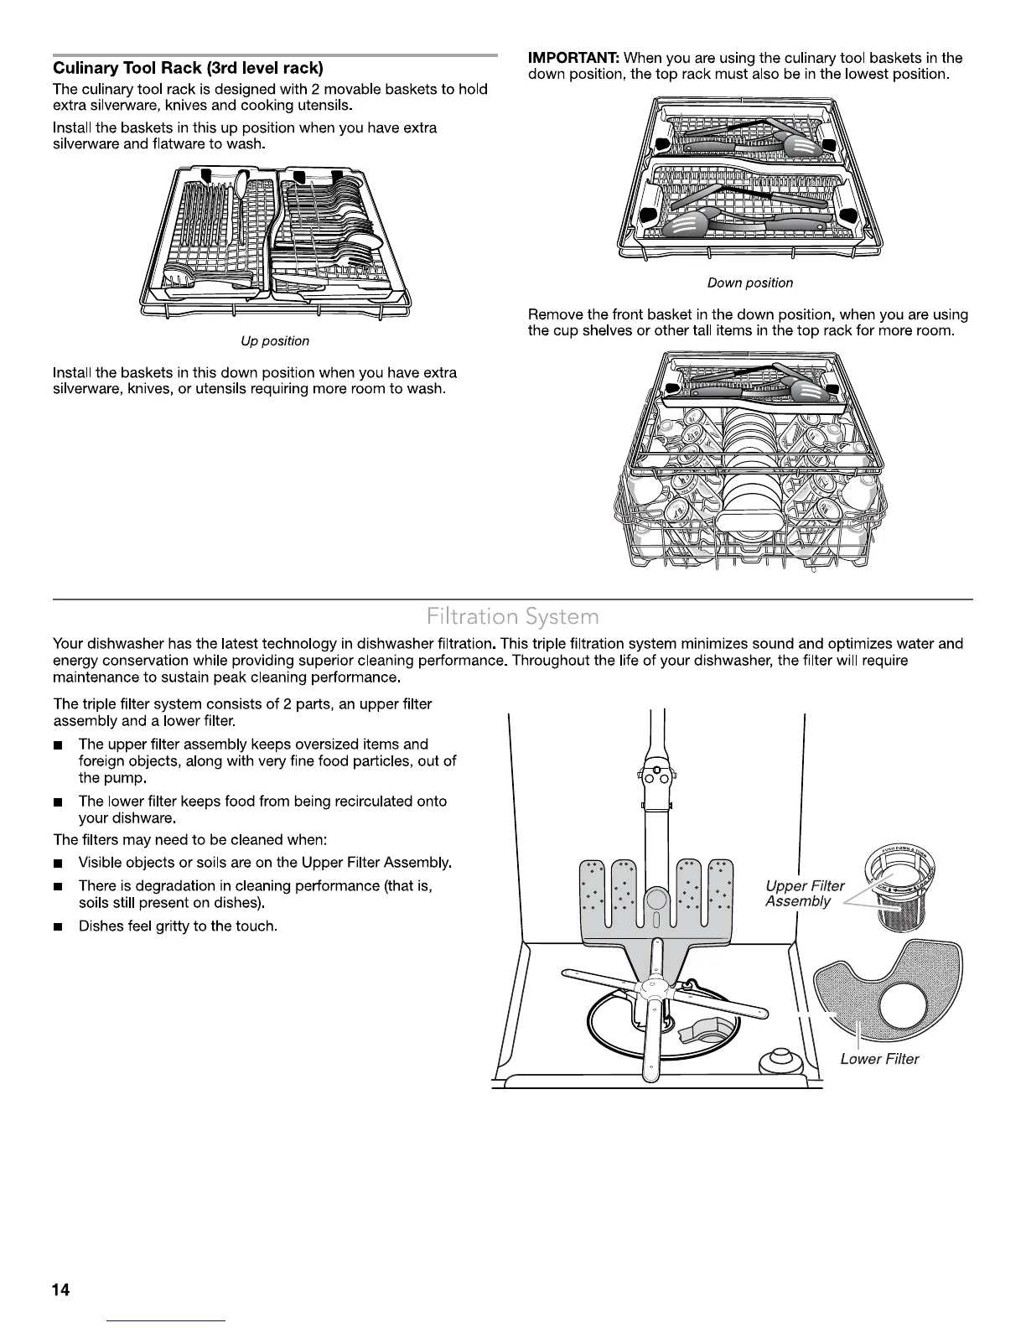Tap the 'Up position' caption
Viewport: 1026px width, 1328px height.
point(275,341)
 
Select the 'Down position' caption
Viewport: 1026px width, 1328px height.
point(749,283)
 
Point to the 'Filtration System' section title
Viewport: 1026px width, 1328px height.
point(512,618)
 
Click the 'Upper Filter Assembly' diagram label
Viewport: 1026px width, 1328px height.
point(804,894)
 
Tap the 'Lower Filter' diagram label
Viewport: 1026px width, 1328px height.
point(879,1059)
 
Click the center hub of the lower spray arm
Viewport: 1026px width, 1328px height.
point(650,991)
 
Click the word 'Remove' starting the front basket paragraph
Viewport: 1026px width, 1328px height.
point(554,315)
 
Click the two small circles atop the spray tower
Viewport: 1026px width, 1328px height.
point(655,777)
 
